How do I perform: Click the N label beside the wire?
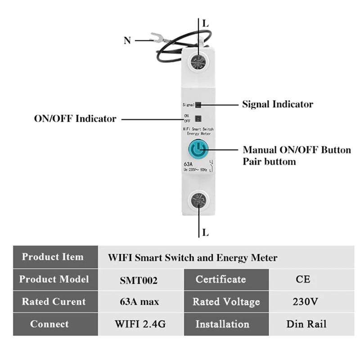coord(127,40)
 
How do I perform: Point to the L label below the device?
coord(206,233)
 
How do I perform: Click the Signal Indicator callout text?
coord(278,104)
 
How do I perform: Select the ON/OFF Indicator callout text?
coord(75,119)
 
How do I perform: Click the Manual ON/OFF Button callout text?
coord(297,150)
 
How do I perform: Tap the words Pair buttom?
coord(270,161)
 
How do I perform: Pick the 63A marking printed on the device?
coord(189,164)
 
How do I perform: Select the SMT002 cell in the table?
coord(139,280)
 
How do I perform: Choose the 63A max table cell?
coord(139,301)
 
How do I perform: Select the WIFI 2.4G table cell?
coord(139,324)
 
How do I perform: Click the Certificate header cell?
coord(220,279)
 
